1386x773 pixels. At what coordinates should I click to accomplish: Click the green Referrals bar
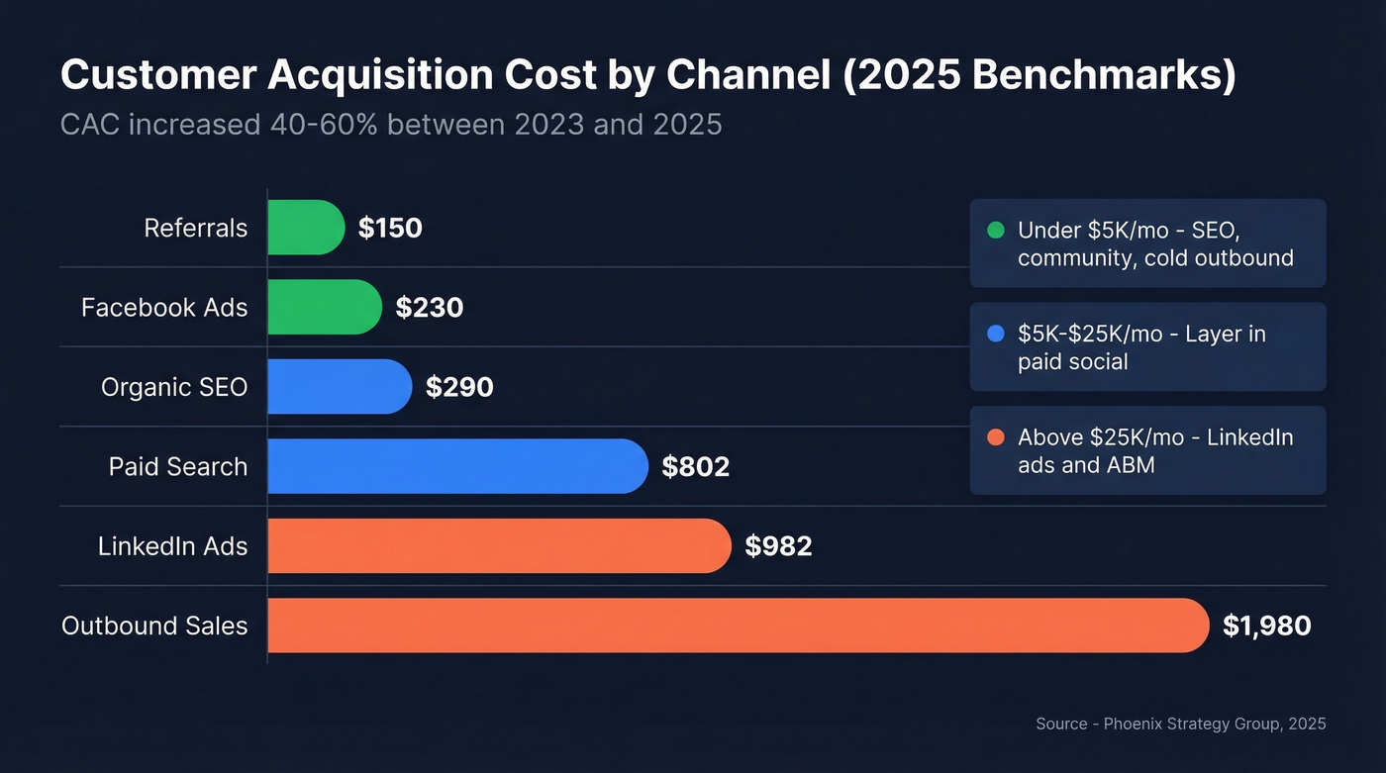click(305, 228)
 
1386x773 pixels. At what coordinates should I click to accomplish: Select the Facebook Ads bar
click(324, 307)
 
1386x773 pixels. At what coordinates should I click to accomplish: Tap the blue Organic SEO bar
click(339, 387)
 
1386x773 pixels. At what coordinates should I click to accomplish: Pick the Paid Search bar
click(457, 466)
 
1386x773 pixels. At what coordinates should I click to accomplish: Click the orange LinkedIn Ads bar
click(499, 545)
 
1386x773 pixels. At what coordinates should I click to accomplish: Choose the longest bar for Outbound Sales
click(738, 626)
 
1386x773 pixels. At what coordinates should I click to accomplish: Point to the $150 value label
click(390, 229)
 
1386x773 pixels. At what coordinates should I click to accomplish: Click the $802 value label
click(695, 467)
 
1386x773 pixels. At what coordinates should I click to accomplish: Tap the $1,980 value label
click(1266, 626)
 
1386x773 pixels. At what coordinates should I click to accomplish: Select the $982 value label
click(778, 546)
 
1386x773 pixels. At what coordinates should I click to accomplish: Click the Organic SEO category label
click(174, 387)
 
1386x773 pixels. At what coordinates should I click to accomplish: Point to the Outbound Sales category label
click(154, 626)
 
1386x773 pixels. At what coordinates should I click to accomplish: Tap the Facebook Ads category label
click(164, 308)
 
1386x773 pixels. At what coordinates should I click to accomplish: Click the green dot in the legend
click(996, 231)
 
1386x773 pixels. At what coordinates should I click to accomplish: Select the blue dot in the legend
click(996, 335)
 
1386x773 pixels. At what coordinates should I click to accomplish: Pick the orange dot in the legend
click(996, 437)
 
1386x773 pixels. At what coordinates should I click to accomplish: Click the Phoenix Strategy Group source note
click(1180, 724)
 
